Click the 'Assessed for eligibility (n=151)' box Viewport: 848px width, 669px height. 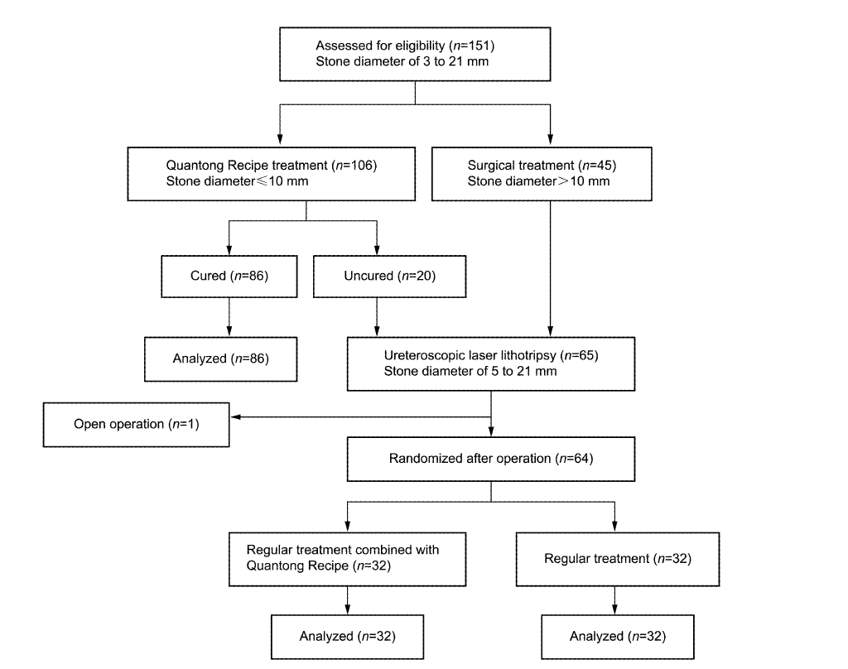pos(415,54)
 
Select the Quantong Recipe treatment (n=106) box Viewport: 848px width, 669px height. pos(272,174)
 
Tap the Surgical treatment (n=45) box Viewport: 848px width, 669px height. pos(542,174)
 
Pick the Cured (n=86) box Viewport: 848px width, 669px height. pos(229,277)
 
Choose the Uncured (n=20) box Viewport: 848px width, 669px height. pos(389,277)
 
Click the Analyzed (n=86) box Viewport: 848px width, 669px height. pos(220,359)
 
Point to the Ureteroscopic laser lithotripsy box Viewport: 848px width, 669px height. pos(491,364)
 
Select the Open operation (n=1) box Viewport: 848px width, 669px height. pos(137,425)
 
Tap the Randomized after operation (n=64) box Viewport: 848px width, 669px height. pos(491,460)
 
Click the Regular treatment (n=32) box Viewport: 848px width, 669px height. pos(618,559)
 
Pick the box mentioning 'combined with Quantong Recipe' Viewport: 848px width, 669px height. pos(347,559)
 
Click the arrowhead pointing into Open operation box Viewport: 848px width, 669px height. pos(235,417)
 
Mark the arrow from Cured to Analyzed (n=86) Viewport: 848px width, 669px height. pos(229,317)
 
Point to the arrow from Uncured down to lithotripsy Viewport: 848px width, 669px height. pos(377,317)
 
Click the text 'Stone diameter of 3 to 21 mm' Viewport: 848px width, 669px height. pos(402,61)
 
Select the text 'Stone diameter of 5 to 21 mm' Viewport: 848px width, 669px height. pos(470,372)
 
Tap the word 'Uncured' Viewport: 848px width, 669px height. pos(369,276)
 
